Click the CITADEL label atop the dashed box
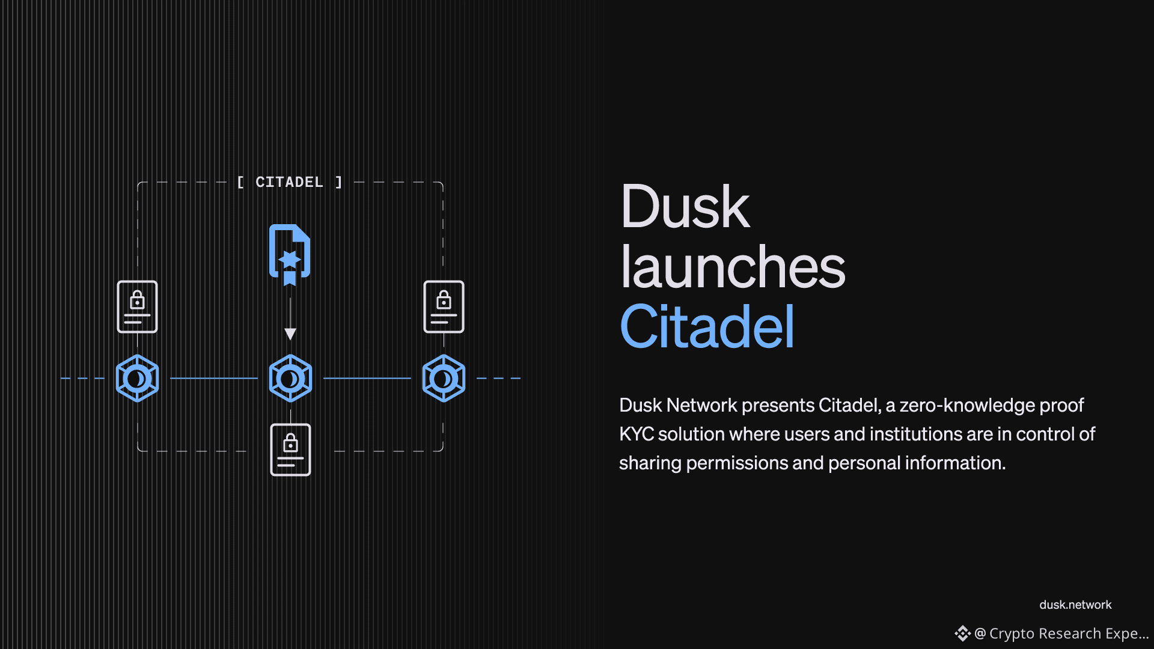pos(289,182)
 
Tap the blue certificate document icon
pos(290,254)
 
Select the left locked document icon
pos(137,306)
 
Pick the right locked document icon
pos(444,306)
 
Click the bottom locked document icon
pos(290,449)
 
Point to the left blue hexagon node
pos(137,379)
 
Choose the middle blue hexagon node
pos(290,379)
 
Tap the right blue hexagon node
pos(444,379)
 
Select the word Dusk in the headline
pos(685,207)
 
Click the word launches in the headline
pos(732,267)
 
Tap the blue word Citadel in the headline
pos(707,327)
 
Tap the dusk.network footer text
pos(1075,605)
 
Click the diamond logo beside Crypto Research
pos(962,633)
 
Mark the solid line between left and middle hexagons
pos(214,379)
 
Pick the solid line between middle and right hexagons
pos(367,379)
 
